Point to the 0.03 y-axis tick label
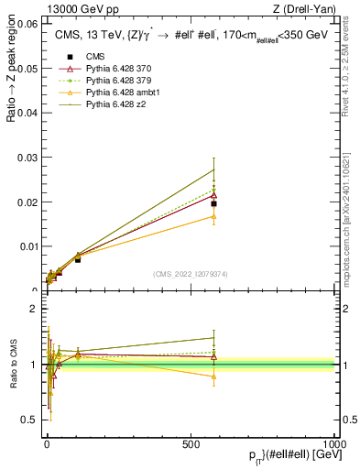coord(27,158)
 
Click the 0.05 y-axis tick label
coord(27,69)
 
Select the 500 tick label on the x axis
coord(191,443)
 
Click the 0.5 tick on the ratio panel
coord(33,420)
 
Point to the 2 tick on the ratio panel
coord(37,309)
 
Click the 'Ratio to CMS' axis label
coord(14,365)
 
